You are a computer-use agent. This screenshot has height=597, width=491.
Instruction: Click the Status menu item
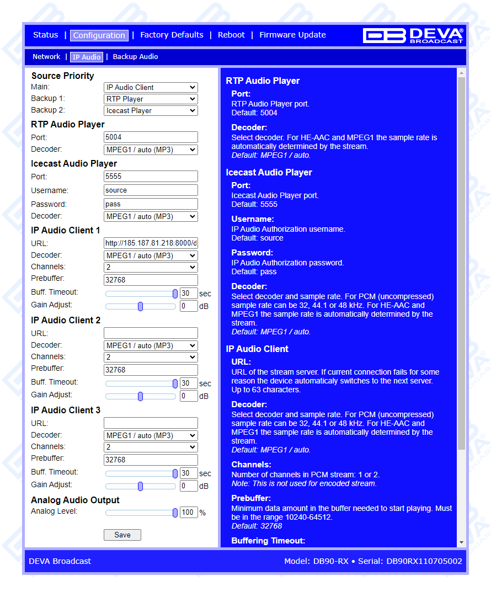pos(45,35)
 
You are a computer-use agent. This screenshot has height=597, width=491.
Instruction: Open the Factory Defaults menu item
pos(172,35)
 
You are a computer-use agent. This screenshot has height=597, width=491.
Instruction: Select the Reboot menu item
pos(231,35)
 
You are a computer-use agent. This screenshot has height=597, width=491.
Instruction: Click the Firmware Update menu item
pos(292,35)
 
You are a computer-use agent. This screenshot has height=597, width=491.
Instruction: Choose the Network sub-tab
pos(46,57)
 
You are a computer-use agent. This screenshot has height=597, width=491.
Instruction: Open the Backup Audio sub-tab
pos(135,57)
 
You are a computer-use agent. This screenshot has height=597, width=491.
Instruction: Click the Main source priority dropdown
pos(151,87)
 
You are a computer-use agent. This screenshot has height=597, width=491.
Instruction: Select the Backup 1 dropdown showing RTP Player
pos(151,99)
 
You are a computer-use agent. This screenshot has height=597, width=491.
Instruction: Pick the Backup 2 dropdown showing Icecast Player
pos(151,110)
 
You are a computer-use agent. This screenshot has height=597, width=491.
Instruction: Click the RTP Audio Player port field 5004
pos(151,137)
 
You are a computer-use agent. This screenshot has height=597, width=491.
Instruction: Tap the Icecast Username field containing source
pos(151,190)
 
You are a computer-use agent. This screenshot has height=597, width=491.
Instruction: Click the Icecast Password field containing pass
pos(151,204)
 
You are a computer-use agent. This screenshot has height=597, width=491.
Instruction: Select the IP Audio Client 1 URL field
pos(151,243)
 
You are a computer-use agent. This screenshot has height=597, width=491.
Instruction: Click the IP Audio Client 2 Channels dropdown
pos(151,358)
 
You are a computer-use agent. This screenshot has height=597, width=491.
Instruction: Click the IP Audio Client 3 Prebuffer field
pos(151,460)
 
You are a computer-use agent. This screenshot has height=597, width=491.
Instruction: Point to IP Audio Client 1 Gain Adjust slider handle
pos(141,306)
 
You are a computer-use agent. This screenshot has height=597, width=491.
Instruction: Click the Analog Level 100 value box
pos(189,513)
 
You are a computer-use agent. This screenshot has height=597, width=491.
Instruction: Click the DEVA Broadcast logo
pos(413,35)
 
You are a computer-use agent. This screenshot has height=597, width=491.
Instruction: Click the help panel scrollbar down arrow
pos(462,543)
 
